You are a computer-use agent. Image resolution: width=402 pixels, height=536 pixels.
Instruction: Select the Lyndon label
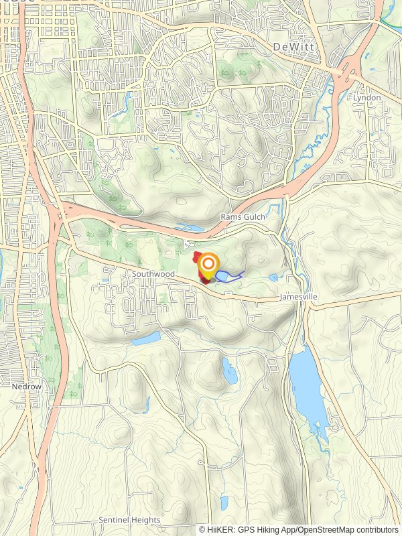pos(368,98)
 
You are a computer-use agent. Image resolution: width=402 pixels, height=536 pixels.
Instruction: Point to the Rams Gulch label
pos(243,217)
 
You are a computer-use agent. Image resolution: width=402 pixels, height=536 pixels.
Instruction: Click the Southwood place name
pos(153,274)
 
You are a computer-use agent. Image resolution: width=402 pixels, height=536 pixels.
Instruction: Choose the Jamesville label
pos(298,296)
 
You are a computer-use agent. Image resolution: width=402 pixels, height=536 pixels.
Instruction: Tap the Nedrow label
pos(27,387)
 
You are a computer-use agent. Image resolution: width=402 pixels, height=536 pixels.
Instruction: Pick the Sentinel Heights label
pos(129,520)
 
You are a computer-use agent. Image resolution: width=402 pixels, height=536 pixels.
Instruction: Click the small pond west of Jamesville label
pos(273,277)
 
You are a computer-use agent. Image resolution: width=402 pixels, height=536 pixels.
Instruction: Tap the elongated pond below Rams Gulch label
pos(189,228)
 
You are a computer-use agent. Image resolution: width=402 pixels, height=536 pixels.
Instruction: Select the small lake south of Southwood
pos(145,339)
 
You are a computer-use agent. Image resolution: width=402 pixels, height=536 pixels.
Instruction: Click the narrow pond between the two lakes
pos(229,370)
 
